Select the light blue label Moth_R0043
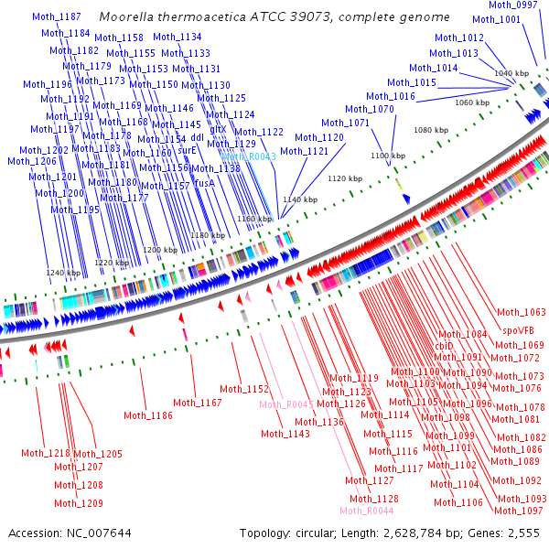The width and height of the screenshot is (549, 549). pos(248,157)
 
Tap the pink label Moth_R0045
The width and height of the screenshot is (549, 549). pos(286,404)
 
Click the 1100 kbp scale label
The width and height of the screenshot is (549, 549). pos(386,156)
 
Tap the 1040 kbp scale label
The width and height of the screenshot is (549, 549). pos(511,73)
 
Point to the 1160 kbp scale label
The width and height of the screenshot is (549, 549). pos(254,220)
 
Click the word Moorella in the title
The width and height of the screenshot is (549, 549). pos(124,17)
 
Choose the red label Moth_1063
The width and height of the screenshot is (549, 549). pos(521,313)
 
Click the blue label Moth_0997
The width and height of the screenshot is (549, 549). pos(513,5)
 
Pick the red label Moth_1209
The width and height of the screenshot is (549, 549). pos(78,503)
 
